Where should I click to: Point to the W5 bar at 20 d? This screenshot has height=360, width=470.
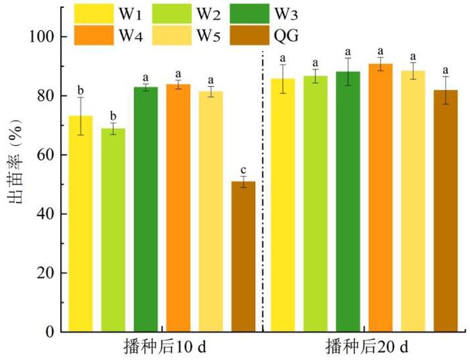[x=413, y=201]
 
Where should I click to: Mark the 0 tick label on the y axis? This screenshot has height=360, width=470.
[x=52, y=332]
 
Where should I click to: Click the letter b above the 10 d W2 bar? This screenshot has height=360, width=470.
[x=113, y=116]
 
